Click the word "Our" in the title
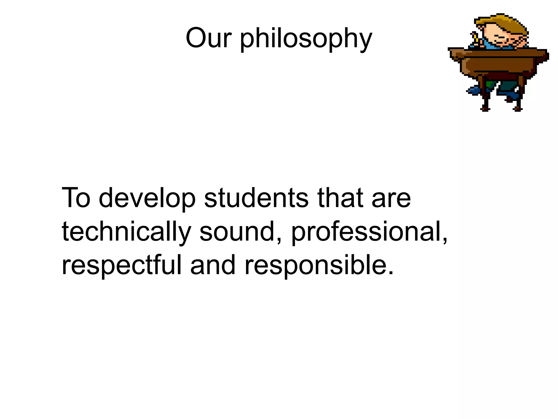(x=208, y=38)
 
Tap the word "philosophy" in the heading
(x=306, y=40)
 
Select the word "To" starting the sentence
(x=76, y=198)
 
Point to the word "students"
(x=256, y=198)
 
